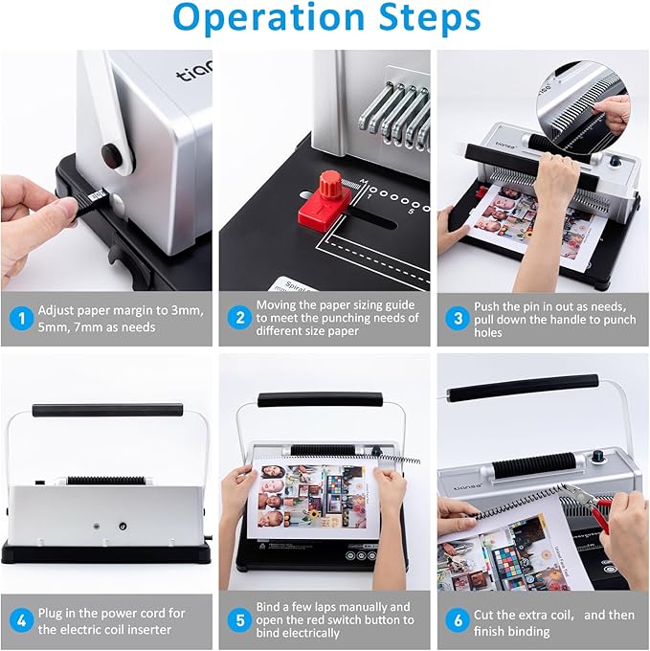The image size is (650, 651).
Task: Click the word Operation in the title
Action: click(x=258, y=19)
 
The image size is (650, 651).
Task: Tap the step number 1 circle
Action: click(x=19, y=319)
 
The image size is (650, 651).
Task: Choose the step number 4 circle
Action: click(x=19, y=620)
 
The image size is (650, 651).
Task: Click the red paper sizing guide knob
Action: click(x=330, y=184)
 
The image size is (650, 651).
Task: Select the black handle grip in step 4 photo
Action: click(x=107, y=410)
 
